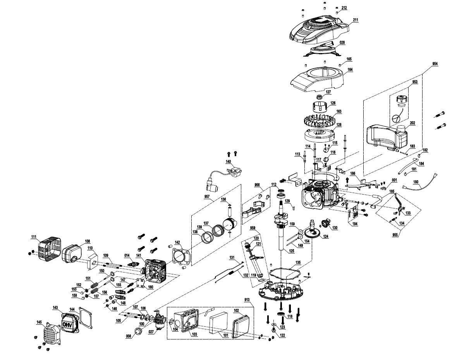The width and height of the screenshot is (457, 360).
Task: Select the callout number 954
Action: [435, 64]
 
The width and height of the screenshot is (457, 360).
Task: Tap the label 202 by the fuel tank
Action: [412, 123]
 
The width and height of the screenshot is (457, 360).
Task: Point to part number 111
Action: [34, 237]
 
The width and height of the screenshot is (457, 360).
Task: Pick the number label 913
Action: [247, 300]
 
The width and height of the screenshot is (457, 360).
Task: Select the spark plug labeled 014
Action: [132, 264]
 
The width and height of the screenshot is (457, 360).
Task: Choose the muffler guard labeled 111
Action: [50, 250]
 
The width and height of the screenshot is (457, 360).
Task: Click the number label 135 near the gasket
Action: [297, 263]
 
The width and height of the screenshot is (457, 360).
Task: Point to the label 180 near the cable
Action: [416, 182]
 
